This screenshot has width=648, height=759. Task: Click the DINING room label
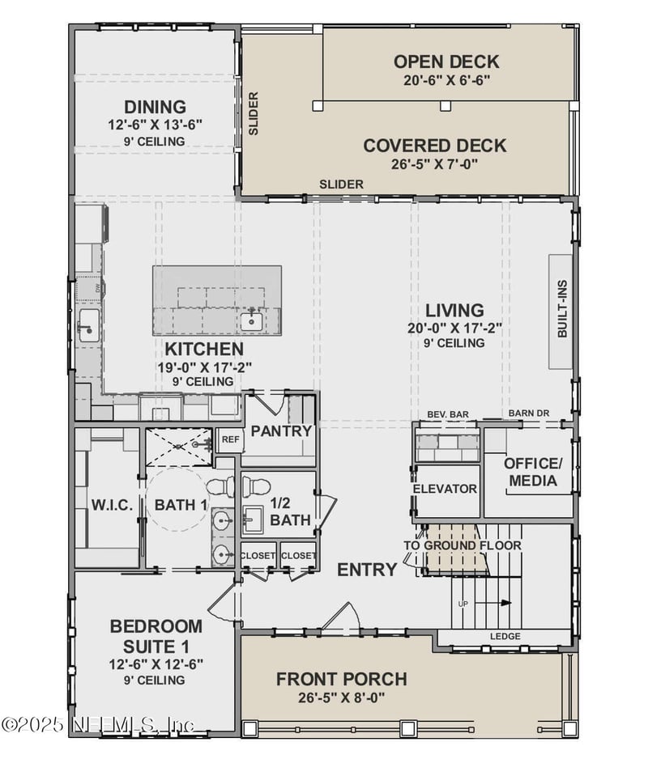[x=155, y=107]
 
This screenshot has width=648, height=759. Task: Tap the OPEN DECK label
[x=446, y=62]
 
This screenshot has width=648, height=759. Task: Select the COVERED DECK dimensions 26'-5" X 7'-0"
[x=435, y=164]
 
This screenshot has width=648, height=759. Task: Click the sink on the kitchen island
[x=252, y=320]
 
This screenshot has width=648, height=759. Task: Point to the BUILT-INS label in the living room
[x=562, y=308]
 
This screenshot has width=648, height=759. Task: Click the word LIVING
[x=454, y=310]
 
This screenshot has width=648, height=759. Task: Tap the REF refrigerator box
[x=230, y=439]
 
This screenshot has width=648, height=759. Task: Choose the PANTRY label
[x=281, y=430]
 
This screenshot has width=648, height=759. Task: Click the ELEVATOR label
[x=445, y=489]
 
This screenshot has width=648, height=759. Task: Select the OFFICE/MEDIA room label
[x=533, y=472]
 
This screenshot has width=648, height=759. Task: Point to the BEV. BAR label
[x=448, y=414]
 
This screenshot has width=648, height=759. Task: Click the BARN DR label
[x=529, y=413]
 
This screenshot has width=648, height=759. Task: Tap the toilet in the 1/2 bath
[x=255, y=486]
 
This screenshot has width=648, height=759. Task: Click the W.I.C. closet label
[x=112, y=506]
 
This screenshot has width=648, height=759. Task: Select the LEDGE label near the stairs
[x=505, y=636]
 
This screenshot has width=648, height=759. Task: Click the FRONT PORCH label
[x=342, y=679]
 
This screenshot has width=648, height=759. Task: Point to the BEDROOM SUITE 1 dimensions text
[x=156, y=664]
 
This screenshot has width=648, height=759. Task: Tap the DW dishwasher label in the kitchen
[x=97, y=288]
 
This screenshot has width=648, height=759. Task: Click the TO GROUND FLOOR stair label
[x=463, y=545]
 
